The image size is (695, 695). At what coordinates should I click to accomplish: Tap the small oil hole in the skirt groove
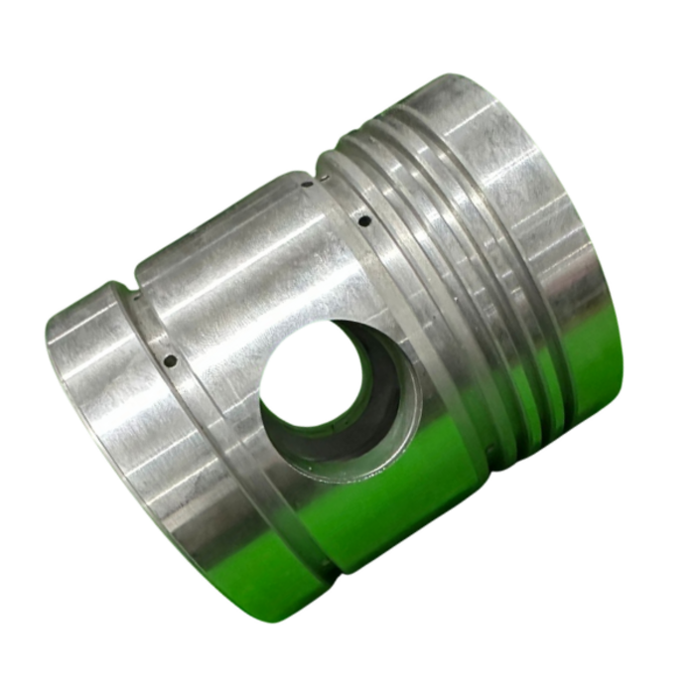point(170,359)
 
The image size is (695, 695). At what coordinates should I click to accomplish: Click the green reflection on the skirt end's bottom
point(268,586)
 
